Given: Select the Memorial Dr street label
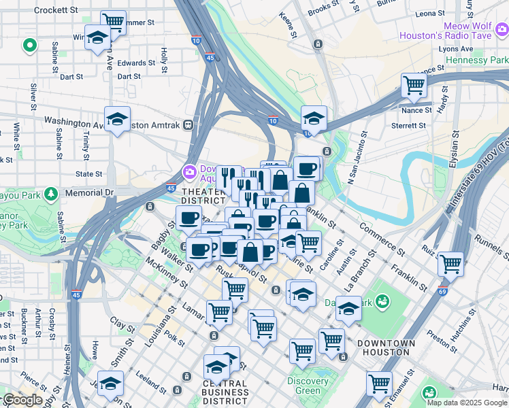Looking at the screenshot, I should click(89, 193).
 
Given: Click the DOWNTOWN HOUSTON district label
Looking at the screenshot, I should click(386, 347).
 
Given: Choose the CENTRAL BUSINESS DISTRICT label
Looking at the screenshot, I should click(225, 392).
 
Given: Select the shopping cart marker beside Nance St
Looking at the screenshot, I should click(413, 86).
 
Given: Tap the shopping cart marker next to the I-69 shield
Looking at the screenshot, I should click(450, 263).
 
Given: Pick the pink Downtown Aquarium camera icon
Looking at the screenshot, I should click(188, 170).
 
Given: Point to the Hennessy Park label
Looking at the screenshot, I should click(476, 61).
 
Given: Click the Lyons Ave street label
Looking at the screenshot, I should click(455, 49).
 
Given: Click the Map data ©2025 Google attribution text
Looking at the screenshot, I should click(467, 403).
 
